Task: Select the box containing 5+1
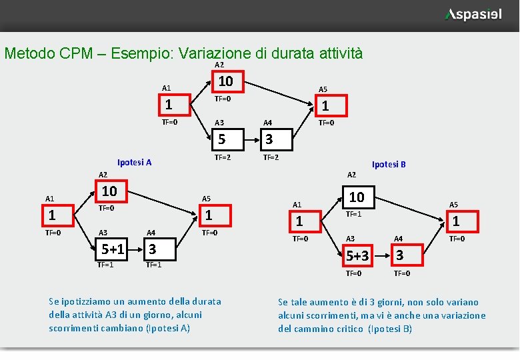click(x=113, y=249)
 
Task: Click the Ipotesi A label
click(x=134, y=162)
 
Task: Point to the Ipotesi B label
click(x=389, y=164)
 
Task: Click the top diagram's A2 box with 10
click(x=226, y=81)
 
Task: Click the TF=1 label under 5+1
click(x=105, y=265)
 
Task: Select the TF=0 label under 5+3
click(x=353, y=273)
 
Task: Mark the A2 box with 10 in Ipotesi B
click(x=357, y=197)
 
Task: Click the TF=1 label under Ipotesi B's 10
click(x=353, y=214)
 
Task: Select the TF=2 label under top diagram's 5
click(x=223, y=158)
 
